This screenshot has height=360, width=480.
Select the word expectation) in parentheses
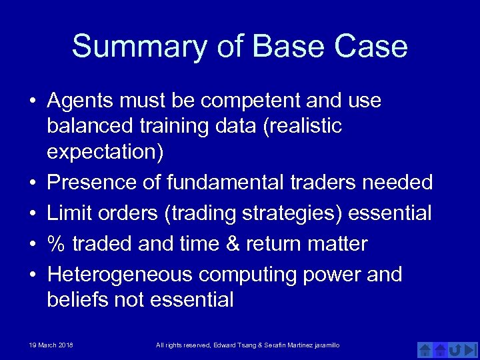tap(105, 152)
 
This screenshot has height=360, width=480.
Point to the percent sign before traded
tap(57, 244)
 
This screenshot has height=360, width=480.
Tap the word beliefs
tap(77, 300)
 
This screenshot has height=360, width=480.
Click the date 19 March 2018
tap(51, 345)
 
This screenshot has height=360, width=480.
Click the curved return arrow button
tap(455, 349)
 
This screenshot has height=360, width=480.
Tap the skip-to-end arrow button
tap(471, 349)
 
